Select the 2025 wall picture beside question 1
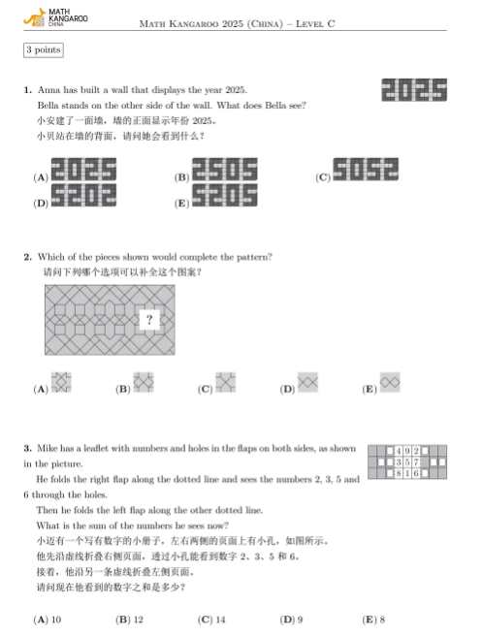tap(414, 90)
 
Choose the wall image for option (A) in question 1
tap(83, 171)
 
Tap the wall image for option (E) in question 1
tap(225, 197)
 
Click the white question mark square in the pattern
tap(148, 318)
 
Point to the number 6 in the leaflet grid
tap(416, 475)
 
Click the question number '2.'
tap(28, 257)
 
